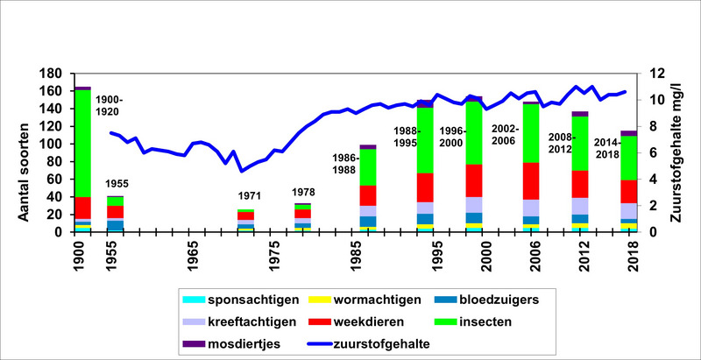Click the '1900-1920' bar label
(x=110, y=106)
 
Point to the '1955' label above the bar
(x=118, y=184)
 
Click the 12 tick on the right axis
(x=656, y=74)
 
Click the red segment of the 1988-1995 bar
(x=425, y=187)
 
